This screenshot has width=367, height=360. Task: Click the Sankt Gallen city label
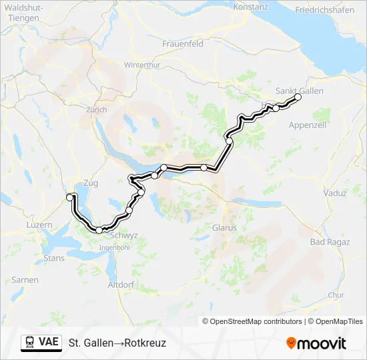point(299,91)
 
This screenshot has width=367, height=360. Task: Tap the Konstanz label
point(252,7)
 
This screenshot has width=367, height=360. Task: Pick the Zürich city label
point(96,109)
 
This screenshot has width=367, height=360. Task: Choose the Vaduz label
point(334,193)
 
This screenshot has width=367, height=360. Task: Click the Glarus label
point(206,227)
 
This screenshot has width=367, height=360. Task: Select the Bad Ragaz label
point(326,241)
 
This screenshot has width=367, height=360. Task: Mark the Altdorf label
point(121,285)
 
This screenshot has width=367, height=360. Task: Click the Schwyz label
point(123,235)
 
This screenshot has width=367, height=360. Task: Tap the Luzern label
point(39,225)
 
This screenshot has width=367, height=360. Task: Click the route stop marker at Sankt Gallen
point(298,97)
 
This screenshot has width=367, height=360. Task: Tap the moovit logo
point(316,343)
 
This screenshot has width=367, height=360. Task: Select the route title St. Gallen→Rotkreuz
point(117,343)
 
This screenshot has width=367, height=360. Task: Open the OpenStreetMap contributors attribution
point(256,321)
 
